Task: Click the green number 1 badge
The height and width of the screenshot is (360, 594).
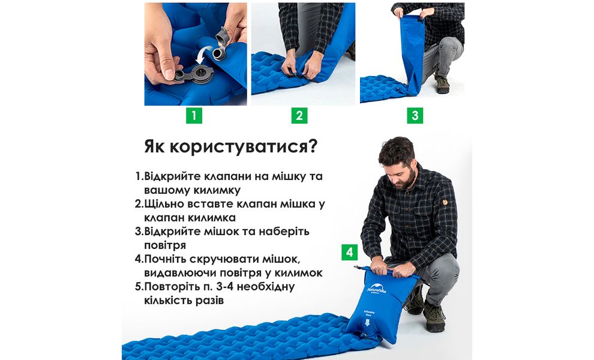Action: pyautogui.click(x=193, y=115)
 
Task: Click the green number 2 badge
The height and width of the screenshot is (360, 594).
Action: pyautogui.click(x=299, y=115)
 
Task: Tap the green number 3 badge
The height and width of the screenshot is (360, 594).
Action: pyautogui.click(x=415, y=115)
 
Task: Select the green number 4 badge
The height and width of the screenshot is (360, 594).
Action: pyautogui.click(x=350, y=251)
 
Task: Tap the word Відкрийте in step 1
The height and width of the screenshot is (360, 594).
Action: pyautogui.click(x=172, y=176)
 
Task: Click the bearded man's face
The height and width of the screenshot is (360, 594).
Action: pyautogui.click(x=399, y=166)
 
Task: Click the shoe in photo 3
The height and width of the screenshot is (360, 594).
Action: pyautogui.click(x=442, y=85)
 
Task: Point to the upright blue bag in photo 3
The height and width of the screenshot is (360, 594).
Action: pyautogui.click(x=414, y=54)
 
